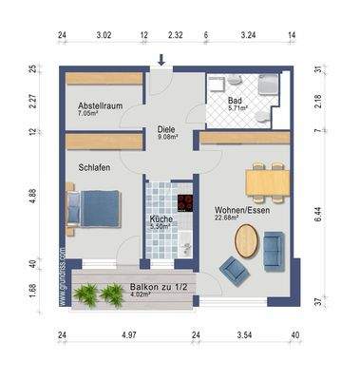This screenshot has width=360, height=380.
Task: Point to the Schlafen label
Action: pos(94,167)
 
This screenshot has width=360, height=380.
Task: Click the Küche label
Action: pos(161,222)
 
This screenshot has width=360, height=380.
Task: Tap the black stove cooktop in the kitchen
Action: pos(185,202)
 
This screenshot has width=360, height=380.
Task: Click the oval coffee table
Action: pos(246,240)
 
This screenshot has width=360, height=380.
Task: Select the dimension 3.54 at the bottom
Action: pos(247,335)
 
